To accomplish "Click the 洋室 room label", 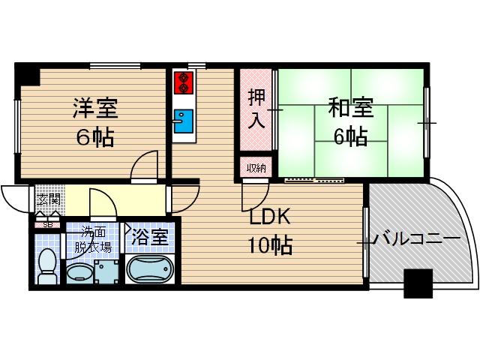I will coord(95,109).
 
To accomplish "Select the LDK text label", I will coord(269,217).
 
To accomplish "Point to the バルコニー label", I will coord(417,240).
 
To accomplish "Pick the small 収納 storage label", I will coord(256,168).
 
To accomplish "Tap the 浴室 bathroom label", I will coord(150,239).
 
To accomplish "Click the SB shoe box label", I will coord(47,223).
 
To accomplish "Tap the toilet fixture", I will coord(47,268).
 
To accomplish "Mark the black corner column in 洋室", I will coord(28,74).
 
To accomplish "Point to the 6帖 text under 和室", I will coord(350,137).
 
